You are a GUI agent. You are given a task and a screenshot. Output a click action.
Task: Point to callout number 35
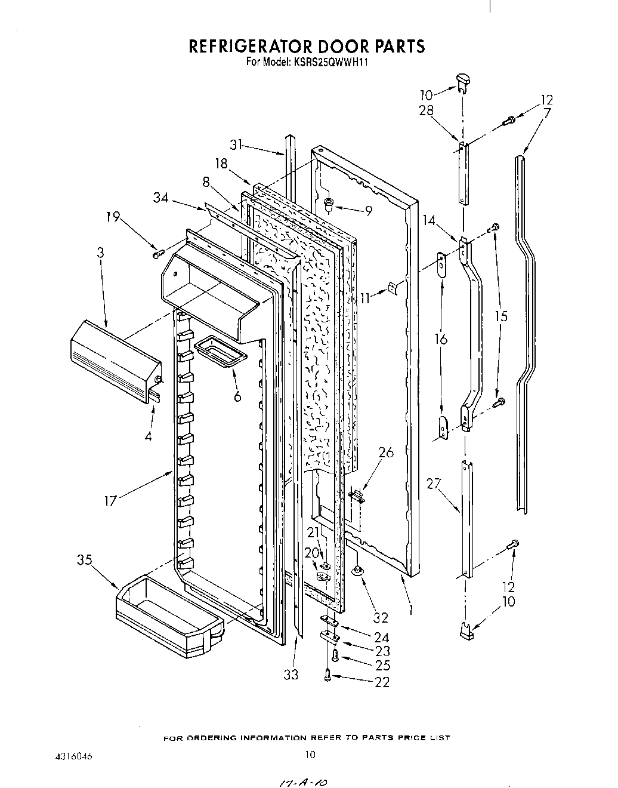click(x=85, y=559)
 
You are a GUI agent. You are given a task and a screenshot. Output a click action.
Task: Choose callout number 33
click(x=291, y=675)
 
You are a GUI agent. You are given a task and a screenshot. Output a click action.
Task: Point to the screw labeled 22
click(x=327, y=675)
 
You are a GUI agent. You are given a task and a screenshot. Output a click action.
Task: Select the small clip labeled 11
click(x=391, y=288)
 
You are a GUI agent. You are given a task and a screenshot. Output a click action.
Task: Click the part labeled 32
click(x=357, y=572)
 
